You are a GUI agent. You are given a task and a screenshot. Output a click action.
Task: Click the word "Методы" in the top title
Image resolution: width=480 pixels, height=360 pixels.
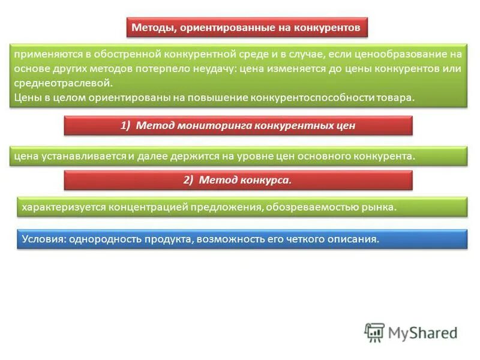pyautogui.click(x=151, y=28)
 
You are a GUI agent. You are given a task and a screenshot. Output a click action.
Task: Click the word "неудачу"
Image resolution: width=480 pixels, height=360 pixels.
pyautogui.click(x=212, y=68)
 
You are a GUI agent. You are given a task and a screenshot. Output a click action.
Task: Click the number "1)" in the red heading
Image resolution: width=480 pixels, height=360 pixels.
pyautogui.click(x=125, y=125)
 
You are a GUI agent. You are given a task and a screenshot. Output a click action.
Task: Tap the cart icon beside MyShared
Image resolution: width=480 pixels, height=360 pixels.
pyautogui.click(x=375, y=332)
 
